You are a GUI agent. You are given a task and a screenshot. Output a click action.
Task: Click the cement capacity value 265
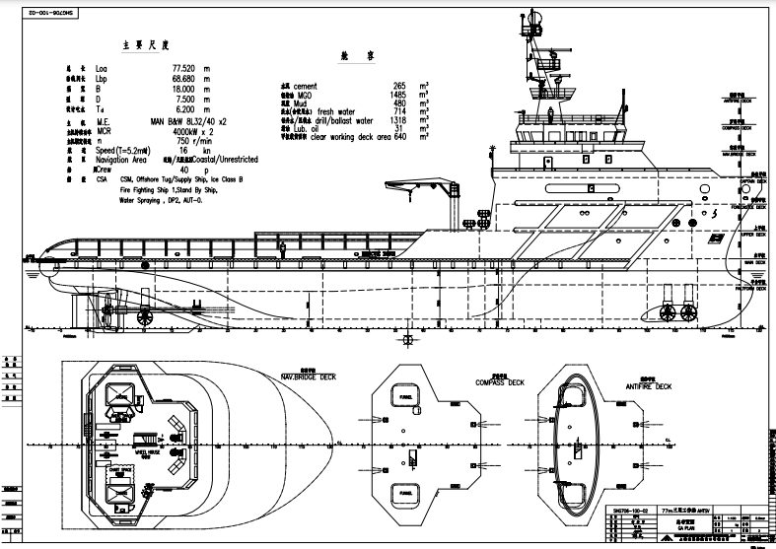pos(399,87)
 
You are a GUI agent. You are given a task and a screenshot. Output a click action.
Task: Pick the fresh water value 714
pos(399,112)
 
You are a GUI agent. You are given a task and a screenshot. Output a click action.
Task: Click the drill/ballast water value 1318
pos(397,120)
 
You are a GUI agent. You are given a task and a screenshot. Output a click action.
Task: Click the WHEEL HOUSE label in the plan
pos(147,454)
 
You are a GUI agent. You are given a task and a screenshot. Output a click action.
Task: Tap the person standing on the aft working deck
pos(282,248)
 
